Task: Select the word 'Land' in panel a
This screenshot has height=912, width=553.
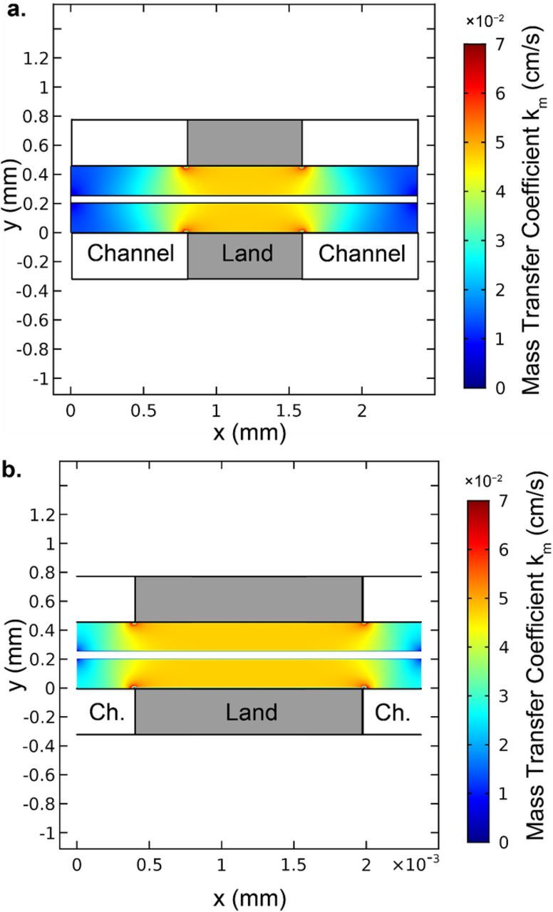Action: point(244,253)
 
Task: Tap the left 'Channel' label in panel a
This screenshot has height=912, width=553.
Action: point(130,253)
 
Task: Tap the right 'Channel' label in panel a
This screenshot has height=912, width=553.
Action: point(361,253)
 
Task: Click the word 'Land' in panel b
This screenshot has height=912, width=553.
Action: point(249,711)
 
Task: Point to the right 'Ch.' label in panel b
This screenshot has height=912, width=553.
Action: point(392,711)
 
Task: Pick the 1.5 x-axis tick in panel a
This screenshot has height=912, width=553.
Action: point(289,411)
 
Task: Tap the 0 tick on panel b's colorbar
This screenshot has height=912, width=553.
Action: point(501,843)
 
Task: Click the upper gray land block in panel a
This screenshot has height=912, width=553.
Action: point(244,142)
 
